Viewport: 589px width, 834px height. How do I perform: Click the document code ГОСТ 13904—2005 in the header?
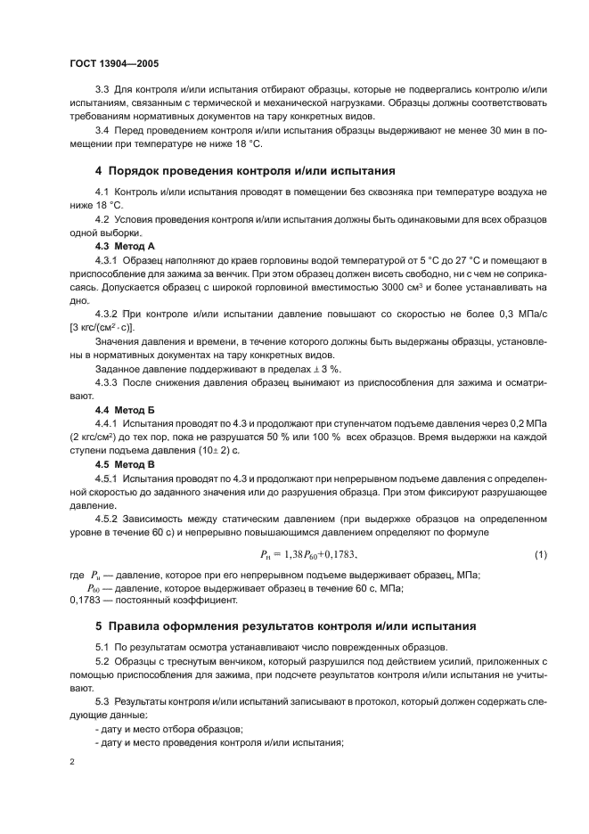tap(114, 64)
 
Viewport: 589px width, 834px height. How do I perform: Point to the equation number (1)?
tap(539, 556)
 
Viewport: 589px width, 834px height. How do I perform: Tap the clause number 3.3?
tap(102, 92)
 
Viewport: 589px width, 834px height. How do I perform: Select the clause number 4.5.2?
tap(109, 519)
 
